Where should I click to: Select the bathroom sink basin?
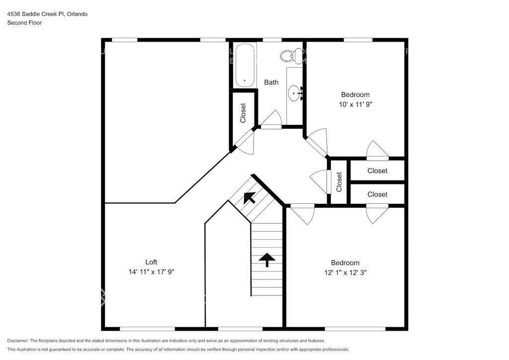[x=294, y=93]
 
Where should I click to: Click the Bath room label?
[x=271, y=83]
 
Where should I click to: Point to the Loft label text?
[x=151, y=262]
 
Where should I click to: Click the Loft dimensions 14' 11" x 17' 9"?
[x=151, y=272]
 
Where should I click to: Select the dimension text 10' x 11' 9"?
[x=355, y=104]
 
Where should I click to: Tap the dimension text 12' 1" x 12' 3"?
[x=345, y=272]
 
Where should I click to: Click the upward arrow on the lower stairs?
[x=267, y=260]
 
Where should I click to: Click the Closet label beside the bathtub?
[x=243, y=113]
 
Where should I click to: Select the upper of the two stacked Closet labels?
[x=377, y=171]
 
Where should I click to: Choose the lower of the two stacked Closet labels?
[x=377, y=194]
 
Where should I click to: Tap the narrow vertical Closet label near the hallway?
[x=339, y=182]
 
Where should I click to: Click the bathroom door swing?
[x=271, y=119]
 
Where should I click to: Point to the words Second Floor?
[x=24, y=23]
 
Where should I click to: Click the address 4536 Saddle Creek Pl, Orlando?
[x=47, y=14]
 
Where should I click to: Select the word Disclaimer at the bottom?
[x=17, y=341]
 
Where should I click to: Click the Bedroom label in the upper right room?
[x=355, y=95]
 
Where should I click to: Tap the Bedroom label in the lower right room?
[x=345, y=263]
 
